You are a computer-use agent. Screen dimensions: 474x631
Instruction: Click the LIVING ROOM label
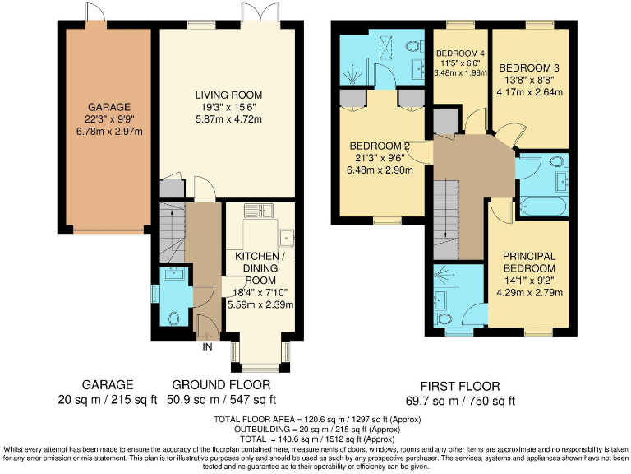pos(218,93)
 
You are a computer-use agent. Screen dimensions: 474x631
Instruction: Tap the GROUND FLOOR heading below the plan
pos(219,385)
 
